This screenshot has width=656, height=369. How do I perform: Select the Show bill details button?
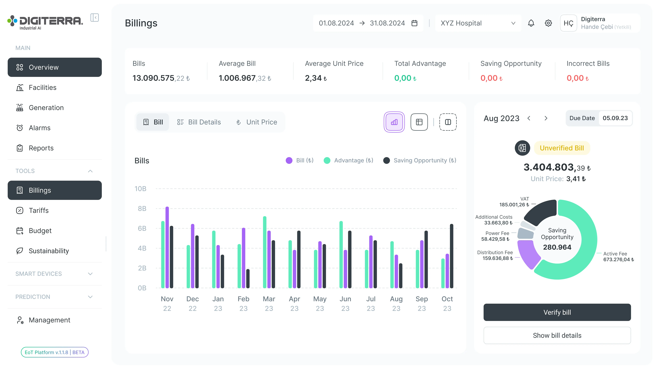tap(557, 335)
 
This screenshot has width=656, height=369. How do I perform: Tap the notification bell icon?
tap(531, 23)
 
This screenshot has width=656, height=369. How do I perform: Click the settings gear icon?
tap(548, 23)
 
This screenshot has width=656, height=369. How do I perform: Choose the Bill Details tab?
tap(199, 122)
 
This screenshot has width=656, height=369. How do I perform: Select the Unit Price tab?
tap(257, 122)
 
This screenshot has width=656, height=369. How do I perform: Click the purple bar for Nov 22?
tap(167, 247)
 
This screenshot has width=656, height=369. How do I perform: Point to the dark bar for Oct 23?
tap(452, 256)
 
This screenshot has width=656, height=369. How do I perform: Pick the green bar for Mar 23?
tap(265, 252)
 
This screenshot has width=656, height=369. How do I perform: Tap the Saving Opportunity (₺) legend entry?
tap(420, 160)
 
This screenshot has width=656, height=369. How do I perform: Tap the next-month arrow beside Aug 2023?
tap(546, 118)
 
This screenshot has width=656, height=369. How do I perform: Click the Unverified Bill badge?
tap(562, 148)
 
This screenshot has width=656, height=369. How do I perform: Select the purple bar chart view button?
tap(394, 122)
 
